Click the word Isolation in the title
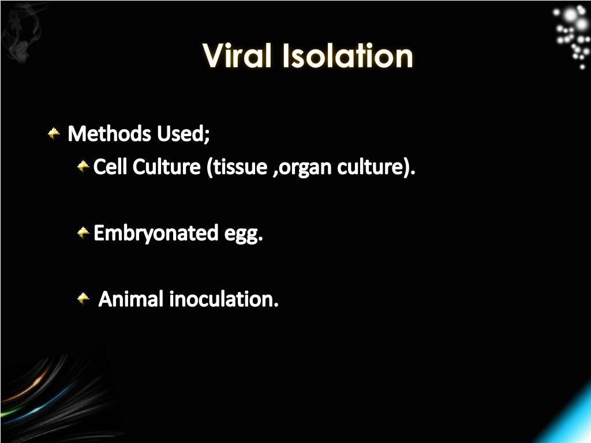(x=348, y=56)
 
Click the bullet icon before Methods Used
(x=54, y=134)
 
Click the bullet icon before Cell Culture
(x=83, y=167)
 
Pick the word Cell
(x=110, y=167)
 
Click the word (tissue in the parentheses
(x=235, y=167)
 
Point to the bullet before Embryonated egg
(x=83, y=234)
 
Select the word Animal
(x=131, y=299)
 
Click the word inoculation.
(x=224, y=299)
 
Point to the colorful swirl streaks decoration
(x=40, y=392)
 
